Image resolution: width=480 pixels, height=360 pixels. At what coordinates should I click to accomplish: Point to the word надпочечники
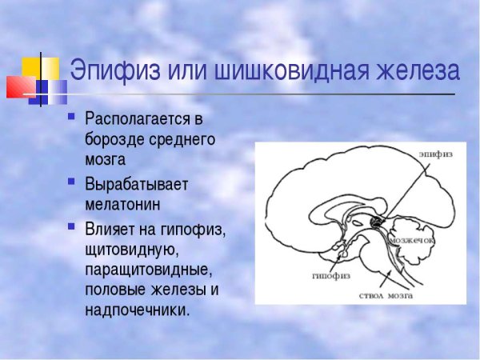pyautogui.click(x=137, y=309)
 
